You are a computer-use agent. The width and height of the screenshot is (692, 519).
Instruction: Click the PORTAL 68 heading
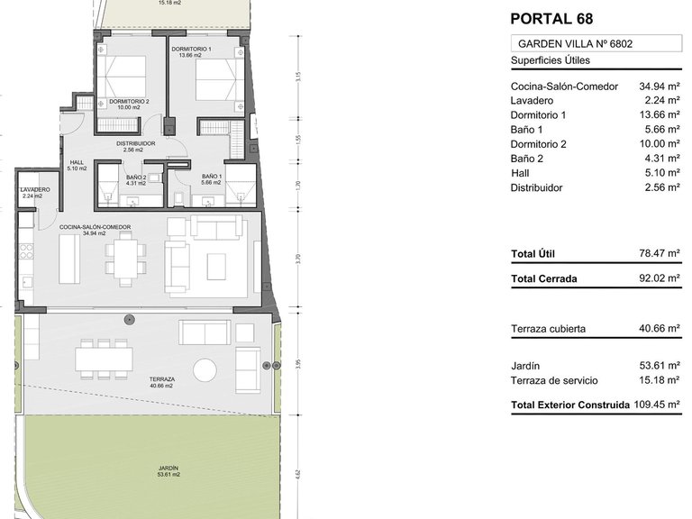pyautogui.click(x=551, y=17)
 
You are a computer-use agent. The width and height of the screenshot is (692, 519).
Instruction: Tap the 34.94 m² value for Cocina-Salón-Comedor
pyautogui.click(x=660, y=86)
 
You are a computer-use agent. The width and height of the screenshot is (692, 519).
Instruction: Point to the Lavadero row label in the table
pyautogui.click(x=532, y=101)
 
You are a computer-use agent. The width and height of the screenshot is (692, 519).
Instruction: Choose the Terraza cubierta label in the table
pyautogui.click(x=548, y=329)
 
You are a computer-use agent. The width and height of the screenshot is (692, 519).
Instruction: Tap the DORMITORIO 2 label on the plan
pyautogui.click(x=129, y=102)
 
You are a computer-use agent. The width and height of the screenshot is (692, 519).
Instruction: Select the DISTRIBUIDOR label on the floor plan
pyautogui.click(x=135, y=143)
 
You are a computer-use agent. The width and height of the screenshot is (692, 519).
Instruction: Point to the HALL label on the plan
pyautogui.click(x=77, y=163)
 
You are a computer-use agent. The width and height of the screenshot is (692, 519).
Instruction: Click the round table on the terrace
pyautogui.click(x=205, y=370)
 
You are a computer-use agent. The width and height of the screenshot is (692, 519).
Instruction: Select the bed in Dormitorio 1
pyautogui.click(x=214, y=79)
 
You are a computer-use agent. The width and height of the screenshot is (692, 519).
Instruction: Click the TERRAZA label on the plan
pyautogui.click(x=162, y=379)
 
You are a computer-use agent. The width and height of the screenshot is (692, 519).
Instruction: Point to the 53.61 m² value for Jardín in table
pyautogui.click(x=660, y=366)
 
